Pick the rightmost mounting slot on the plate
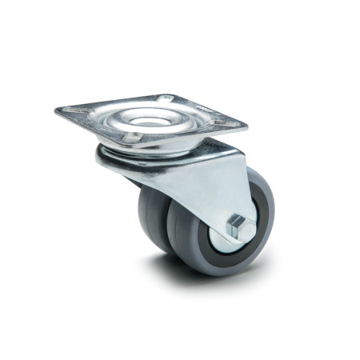coord(231,122)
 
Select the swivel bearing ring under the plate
coord(120,154)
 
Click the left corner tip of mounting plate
coord(57,110)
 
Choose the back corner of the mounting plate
coord(169,94)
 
